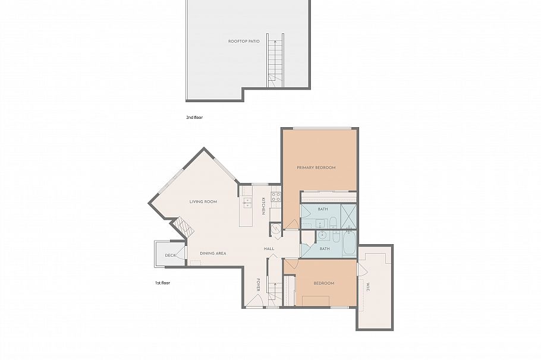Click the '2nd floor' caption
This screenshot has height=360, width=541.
pos(194,118)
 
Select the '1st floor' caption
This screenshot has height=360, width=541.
pos(162,283)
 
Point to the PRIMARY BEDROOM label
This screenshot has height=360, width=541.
pos(316,168)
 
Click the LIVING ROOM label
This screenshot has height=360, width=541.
pos(203,202)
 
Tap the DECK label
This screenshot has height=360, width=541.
pos(171,255)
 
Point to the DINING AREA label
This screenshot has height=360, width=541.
pos(213,253)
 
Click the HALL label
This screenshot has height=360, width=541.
pos(269,248)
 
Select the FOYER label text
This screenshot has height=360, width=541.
pos(259,284)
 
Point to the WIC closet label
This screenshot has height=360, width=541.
pos(368,286)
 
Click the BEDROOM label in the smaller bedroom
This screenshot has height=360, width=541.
pos(324,283)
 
